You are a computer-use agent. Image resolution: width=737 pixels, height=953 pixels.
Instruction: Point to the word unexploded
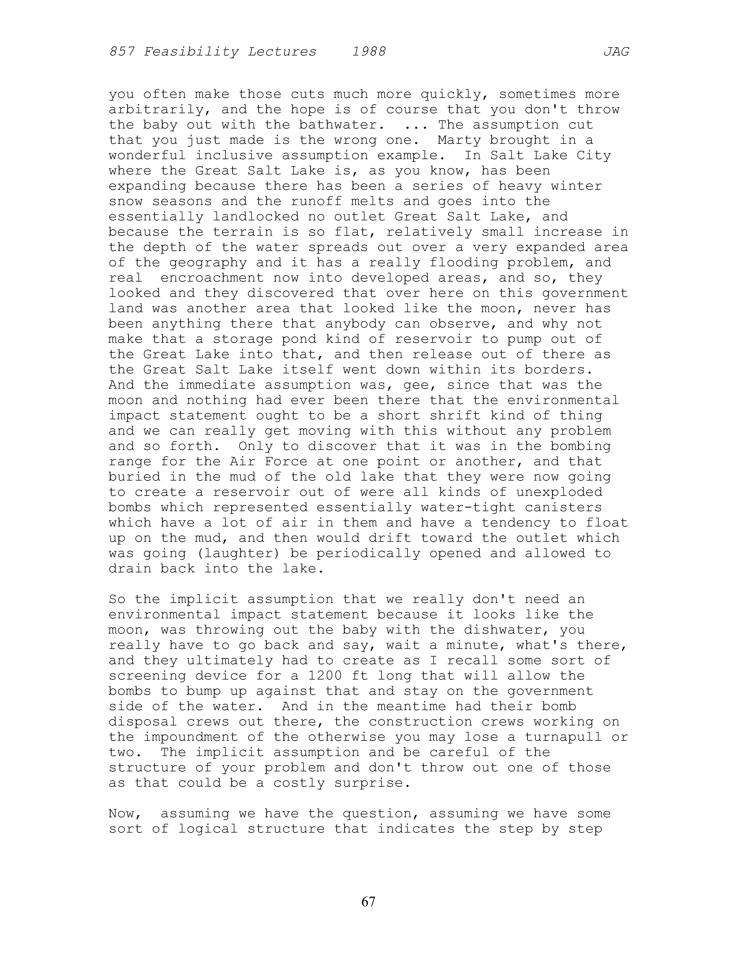[x=559, y=492]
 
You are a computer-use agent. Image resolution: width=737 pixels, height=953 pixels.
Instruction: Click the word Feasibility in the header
[x=191, y=52]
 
